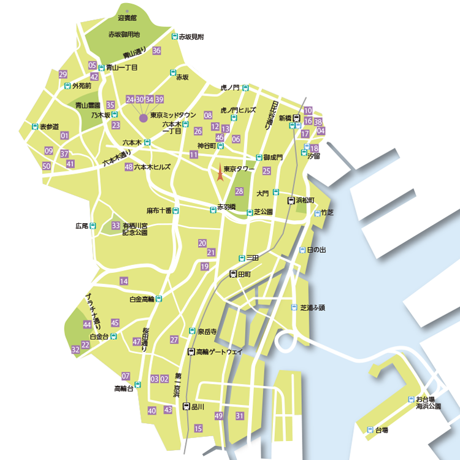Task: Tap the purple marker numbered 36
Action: tap(157, 50)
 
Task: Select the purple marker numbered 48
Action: tap(129, 167)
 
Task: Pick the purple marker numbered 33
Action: tap(115, 226)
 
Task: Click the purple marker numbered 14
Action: tap(124, 281)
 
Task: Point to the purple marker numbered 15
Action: tap(198, 429)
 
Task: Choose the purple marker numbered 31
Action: tap(240, 416)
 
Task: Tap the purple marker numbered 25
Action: tap(266, 171)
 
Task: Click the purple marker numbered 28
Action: tap(239, 191)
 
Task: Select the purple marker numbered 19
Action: tap(205, 266)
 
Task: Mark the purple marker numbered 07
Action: tap(126, 375)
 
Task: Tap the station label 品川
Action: tap(197, 406)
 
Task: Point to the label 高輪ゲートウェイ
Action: tap(220, 352)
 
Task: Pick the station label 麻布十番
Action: tap(159, 210)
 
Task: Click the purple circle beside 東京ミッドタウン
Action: tap(143, 117)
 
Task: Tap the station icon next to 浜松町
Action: tap(292, 201)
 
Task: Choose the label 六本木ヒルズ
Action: tap(153, 167)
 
